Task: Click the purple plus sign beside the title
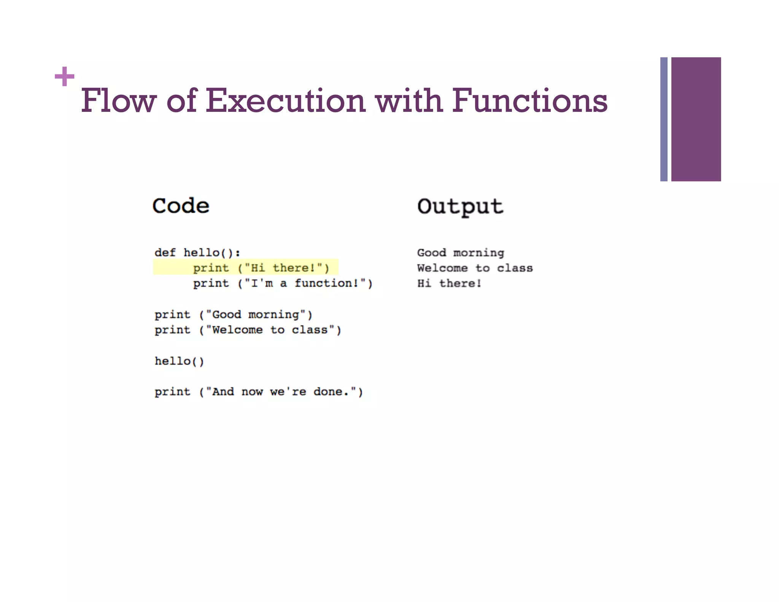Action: tap(64, 76)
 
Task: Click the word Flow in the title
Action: tap(118, 100)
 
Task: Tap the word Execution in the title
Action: tap(285, 100)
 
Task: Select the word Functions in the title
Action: tap(529, 100)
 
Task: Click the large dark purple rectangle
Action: tap(696, 119)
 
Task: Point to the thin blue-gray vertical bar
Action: tap(664, 119)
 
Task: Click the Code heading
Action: tap(181, 206)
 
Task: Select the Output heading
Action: tap(460, 207)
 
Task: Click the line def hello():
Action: tap(197, 253)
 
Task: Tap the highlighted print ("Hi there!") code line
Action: tap(261, 268)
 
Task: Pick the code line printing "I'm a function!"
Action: tap(282, 283)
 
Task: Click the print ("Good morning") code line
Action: tap(233, 315)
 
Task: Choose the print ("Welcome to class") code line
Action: tap(248, 330)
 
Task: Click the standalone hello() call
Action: tap(179, 361)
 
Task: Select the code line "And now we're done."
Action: tap(259, 392)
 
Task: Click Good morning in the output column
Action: tap(461, 253)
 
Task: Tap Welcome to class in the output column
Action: tap(475, 268)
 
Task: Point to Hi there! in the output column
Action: tap(449, 283)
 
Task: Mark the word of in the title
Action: tap(181, 100)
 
